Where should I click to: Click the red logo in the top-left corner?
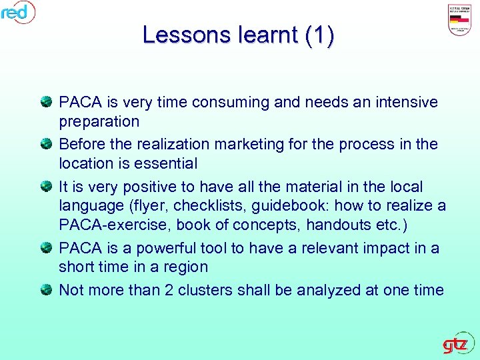click(17, 12)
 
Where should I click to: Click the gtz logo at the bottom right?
click(457, 345)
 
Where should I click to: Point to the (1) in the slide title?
click(319, 35)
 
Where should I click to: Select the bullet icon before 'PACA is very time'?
click(47, 102)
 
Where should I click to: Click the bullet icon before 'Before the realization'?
click(47, 143)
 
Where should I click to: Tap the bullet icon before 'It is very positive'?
click(47, 185)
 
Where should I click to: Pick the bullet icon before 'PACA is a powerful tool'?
click(47, 248)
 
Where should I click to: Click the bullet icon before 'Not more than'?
click(47, 289)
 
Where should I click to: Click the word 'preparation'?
click(99, 122)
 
